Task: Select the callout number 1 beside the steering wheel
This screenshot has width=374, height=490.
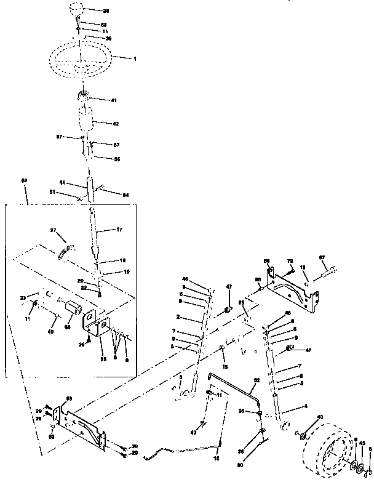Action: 135,58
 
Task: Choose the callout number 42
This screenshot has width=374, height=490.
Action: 115,123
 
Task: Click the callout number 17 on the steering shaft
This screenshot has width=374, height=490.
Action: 120,230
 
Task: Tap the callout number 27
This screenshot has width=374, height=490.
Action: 54,230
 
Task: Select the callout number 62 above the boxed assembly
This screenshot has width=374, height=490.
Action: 25,180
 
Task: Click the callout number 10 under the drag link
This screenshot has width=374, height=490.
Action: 215,458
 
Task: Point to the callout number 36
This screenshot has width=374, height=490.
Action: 116,159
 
